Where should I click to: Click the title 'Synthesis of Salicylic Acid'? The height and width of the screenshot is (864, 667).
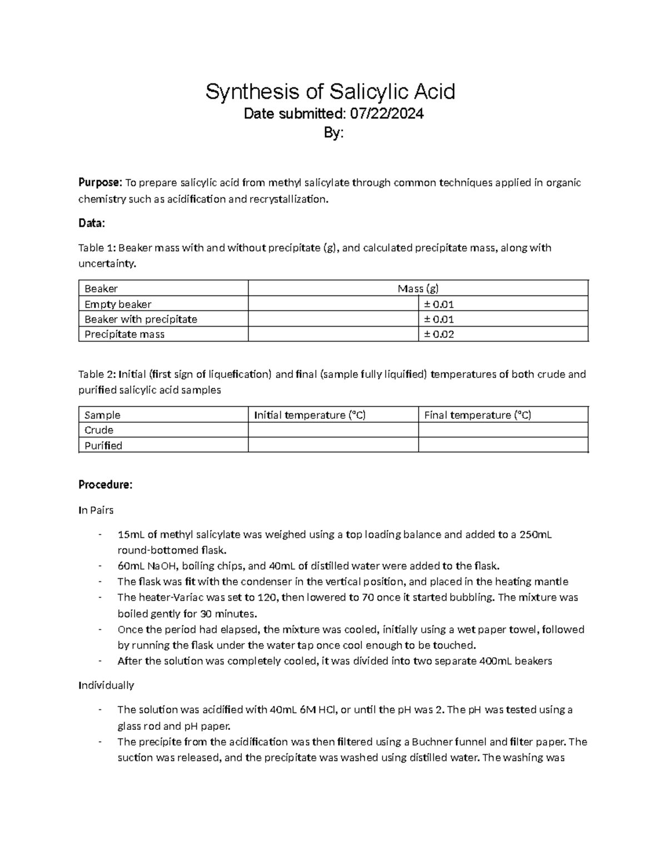[330, 91]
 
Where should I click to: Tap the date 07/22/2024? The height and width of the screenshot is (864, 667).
[386, 114]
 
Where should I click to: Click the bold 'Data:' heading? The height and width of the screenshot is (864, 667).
[91, 223]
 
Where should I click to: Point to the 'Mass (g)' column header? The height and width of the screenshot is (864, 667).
[417, 288]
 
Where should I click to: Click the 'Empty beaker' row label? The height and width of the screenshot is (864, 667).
[118, 304]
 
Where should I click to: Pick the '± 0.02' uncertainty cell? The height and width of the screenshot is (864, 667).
[439, 334]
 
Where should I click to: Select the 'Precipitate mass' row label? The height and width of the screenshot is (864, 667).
[125, 334]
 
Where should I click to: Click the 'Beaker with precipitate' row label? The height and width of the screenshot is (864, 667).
[141, 319]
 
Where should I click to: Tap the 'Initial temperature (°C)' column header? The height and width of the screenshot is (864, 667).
[310, 415]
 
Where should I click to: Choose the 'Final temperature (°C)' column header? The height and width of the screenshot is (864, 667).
[477, 415]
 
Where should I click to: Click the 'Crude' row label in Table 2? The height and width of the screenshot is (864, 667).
[99, 430]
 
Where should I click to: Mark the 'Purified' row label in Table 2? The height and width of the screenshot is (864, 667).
[103, 446]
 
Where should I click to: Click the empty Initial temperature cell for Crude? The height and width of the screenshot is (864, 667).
[332, 430]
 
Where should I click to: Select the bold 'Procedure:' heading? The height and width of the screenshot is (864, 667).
[106, 485]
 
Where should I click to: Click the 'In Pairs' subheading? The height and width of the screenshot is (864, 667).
[96, 510]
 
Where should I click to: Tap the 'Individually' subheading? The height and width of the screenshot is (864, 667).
[106, 685]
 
